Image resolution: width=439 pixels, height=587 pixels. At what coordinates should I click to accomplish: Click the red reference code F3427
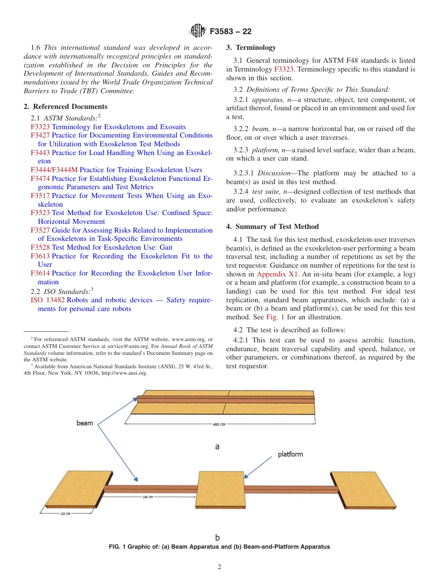tap(40, 135)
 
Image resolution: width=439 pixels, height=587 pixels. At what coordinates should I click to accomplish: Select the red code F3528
tap(40, 247)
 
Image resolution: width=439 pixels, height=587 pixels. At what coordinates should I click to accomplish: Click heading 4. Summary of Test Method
tap(273, 227)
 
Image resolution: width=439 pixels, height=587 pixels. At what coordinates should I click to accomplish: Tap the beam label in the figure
tap(85, 423)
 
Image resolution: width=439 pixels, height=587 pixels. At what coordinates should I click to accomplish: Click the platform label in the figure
tap(290, 454)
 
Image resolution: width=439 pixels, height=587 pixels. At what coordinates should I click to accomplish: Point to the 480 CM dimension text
tap(219, 425)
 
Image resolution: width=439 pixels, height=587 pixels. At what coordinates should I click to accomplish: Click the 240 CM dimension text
tap(147, 497)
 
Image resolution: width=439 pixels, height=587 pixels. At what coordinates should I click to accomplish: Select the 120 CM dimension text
tap(65, 514)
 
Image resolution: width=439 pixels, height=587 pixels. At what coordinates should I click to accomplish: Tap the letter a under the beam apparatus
tap(217, 447)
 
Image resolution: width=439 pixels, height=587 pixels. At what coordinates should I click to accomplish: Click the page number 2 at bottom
tap(219, 567)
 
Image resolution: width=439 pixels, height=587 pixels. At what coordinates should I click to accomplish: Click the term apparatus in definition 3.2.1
tap(266, 100)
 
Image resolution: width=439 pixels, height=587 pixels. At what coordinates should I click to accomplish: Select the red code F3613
tap(40, 256)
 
